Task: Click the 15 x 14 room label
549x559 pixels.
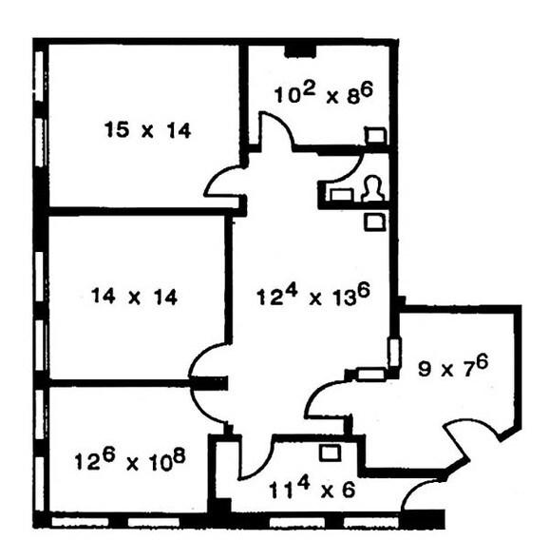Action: click(x=147, y=130)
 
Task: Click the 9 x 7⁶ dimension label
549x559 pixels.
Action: click(x=454, y=366)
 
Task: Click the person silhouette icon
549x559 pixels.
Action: click(x=372, y=188)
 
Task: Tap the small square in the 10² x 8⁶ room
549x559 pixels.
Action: click(x=375, y=136)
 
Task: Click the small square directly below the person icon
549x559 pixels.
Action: click(x=375, y=222)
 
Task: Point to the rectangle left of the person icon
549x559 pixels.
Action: click(x=340, y=193)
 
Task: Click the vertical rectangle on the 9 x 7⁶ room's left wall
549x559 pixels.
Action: click(x=393, y=351)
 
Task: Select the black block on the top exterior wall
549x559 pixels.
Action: click(x=300, y=47)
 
